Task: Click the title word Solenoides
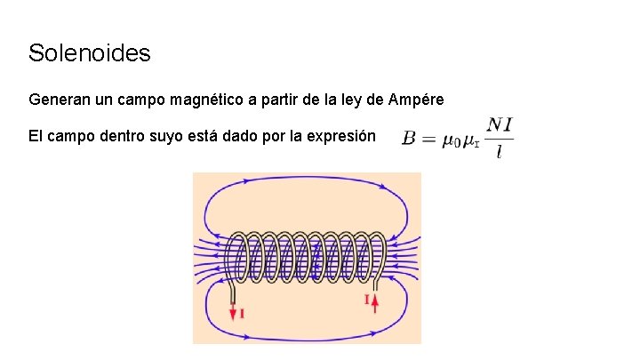pos(90,53)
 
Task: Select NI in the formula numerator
pos(500,126)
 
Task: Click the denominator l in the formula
pos(500,153)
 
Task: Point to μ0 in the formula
pos(451,140)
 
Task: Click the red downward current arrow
pos(234,311)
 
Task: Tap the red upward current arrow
pos(375,304)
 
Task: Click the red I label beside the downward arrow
pos(243,313)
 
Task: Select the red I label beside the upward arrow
pos(366,300)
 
